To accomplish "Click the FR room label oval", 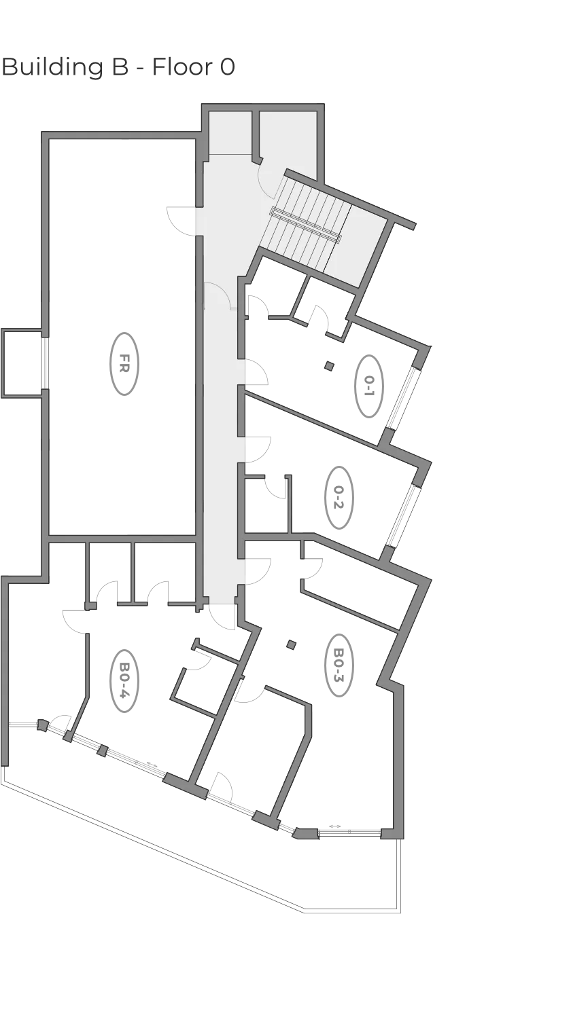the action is point(124,364).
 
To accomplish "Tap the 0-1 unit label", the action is point(369,386).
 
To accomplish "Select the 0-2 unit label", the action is point(339,497).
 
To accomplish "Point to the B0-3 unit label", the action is point(339,665).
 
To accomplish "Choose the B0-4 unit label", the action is point(124,680).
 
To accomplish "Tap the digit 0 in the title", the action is point(228,67).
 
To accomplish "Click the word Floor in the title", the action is point(182,67).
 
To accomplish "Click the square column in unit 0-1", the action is point(329,366).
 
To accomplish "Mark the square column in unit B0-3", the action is point(291,644).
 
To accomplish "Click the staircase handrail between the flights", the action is point(306,224).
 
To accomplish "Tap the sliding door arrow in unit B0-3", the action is point(335,826).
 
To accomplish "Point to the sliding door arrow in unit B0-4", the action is point(152,765).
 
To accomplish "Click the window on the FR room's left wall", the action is point(45,363).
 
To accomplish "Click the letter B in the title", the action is point(119,67).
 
